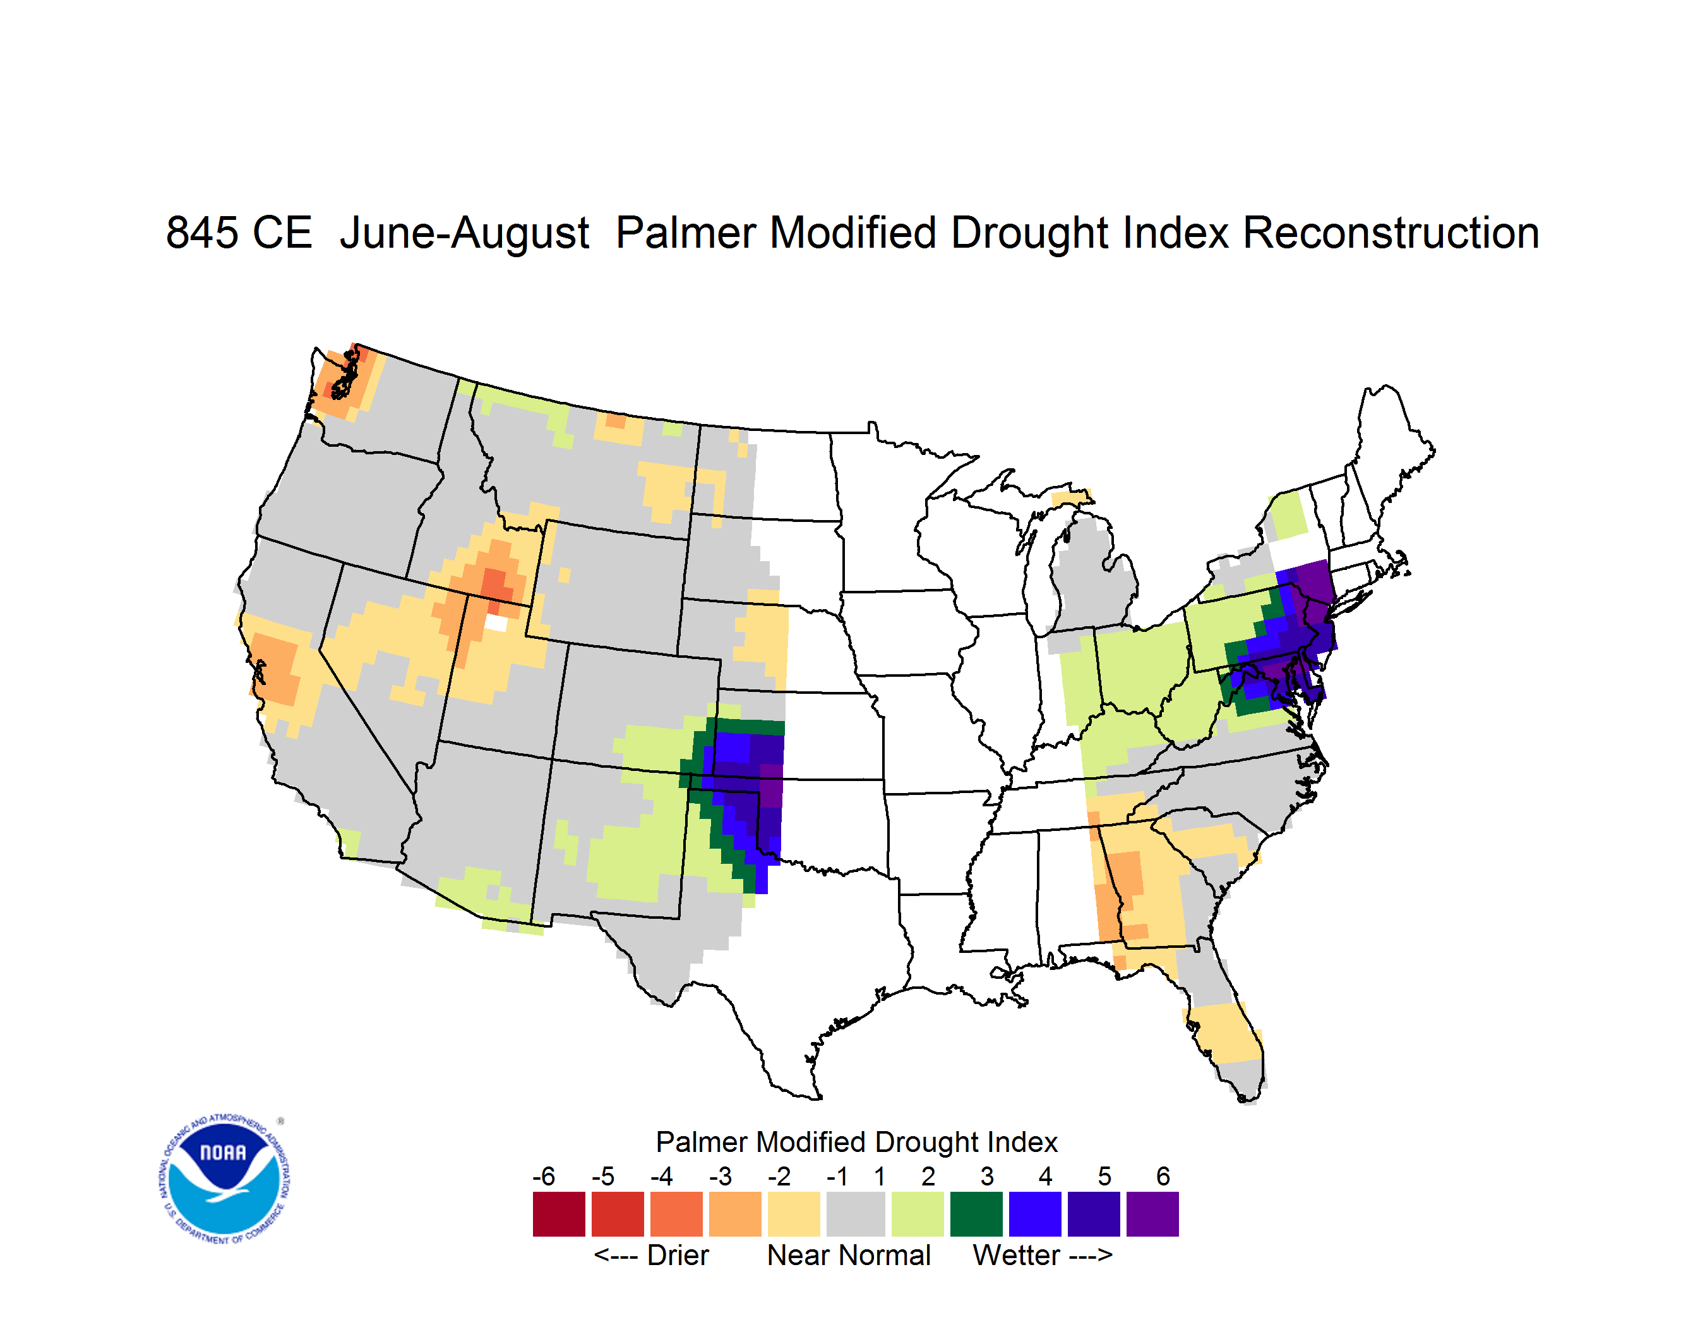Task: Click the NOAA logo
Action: (x=224, y=1179)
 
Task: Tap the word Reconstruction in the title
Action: (x=1391, y=233)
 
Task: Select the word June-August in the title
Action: (x=465, y=233)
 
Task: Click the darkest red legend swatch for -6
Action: (x=559, y=1214)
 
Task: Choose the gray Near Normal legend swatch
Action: (x=856, y=1214)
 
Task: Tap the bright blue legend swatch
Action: (x=1035, y=1214)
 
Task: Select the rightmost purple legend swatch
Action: (x=1152, y=1214)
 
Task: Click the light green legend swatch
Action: (x=918, y=1214)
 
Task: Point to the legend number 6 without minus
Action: (x=1163, y=1176)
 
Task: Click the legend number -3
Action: (x=721, y=1176)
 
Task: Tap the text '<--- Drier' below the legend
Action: (x=651, y=1255)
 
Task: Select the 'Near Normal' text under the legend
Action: (x=849, y=1255)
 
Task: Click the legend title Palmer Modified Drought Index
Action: (x=856, y=1142)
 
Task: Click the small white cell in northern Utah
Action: (x=496, y=623)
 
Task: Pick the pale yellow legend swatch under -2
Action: (x=794, y=1214)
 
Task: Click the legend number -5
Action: (x=602, y=1176)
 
